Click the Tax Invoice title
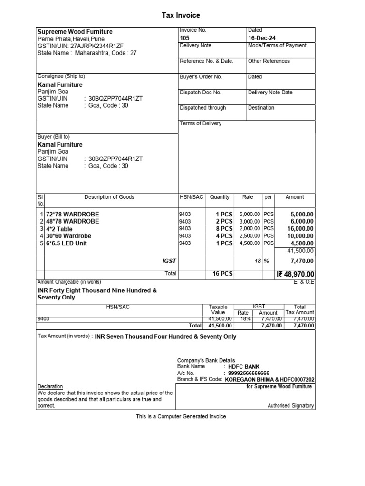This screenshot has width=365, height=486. pyautogui.click(x=181, y=16)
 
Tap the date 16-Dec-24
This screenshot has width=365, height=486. pyautogui.click(x=261, y=38)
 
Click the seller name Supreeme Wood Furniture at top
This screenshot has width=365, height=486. pyautogui.click(x=75, y=32)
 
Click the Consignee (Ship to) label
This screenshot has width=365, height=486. pyautogui.click(x=61, y=76)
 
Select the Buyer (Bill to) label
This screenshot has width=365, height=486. pyautogui.click(x=53, y=137)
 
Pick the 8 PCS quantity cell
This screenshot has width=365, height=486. pyautogui.click(x=223, y=229)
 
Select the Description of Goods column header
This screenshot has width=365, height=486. pyautogui.click(x=109, y=197)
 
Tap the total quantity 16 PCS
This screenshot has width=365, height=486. pyautogui.click(x=219, y=274)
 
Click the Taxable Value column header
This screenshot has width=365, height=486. pyautogui.click(x=218, y=309)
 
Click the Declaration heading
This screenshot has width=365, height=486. pyautogui.click(x=50, y=386)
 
